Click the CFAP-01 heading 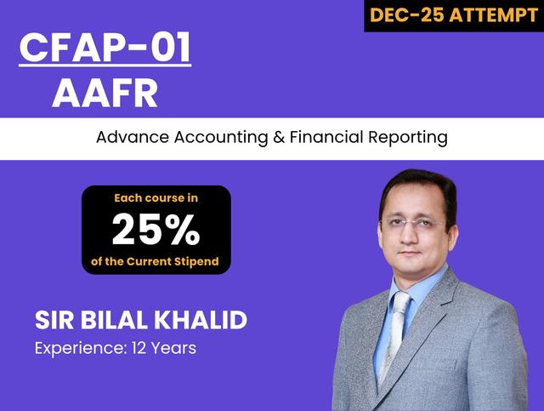(x=105, y=49)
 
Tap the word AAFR (x=105, y=92)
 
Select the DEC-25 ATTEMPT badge (x=454, y=15)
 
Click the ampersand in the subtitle (x=280, y=137)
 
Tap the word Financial (x=326, y=137)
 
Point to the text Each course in (x=156, y=198)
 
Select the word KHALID (x=201, y=321)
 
